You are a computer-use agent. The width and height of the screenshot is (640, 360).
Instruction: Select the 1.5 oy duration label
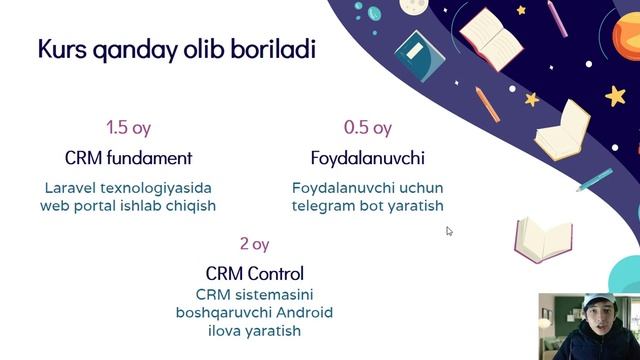tap(128, 128)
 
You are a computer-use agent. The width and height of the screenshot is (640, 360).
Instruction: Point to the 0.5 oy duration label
tap(367, 128)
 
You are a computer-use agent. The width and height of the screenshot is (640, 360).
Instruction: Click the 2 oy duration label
tap(254, 244)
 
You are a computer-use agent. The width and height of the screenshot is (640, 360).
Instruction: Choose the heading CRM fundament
tap(128, 158)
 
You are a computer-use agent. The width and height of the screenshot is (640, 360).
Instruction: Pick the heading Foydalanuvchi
tap(367, 158)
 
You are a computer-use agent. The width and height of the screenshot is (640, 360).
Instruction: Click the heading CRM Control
tap(254, 273)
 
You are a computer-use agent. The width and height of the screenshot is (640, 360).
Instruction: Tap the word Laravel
tap(71, 187)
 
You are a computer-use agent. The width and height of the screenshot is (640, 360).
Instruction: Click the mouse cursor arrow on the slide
tap(449, 231)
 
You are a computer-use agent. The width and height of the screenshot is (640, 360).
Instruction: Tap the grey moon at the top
tap(414, 6)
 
